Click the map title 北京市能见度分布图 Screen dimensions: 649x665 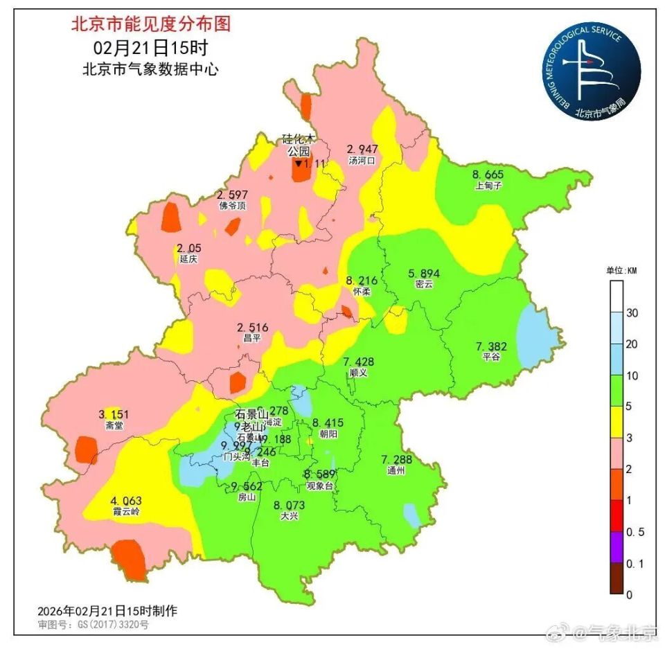(150, 25)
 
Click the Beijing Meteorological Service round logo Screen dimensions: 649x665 (591, 71)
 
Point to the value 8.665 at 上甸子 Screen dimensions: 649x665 (488, 175)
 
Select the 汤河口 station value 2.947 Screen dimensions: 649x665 (362, 149)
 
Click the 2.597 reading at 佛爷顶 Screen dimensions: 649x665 (232, 195)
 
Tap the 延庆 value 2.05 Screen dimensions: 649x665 (188, 249)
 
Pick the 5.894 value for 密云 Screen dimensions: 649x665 (424, 274)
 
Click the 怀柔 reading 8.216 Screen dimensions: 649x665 (362, 281)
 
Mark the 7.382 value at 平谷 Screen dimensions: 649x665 (491, 346)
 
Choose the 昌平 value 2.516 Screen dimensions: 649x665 (252, 327)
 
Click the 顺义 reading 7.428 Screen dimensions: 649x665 (358, 362)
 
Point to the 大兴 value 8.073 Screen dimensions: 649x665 (289, 505)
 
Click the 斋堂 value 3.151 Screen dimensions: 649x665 (114, 415)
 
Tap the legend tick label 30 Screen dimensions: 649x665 (632, 313)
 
